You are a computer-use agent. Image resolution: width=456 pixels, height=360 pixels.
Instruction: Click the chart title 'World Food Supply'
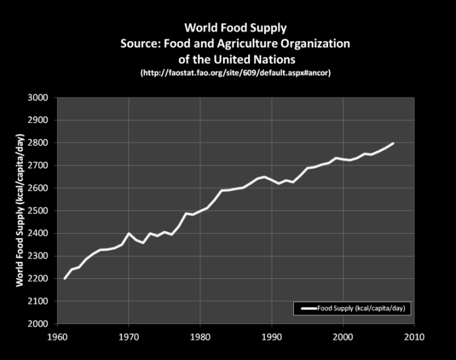(x=236, y=28)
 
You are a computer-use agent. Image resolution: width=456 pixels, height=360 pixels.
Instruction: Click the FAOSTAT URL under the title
(x=236, y=74)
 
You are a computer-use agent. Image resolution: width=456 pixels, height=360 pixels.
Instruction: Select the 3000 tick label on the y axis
(x=39, y=98)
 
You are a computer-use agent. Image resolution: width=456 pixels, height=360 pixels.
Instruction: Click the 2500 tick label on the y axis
(x=39, y=210)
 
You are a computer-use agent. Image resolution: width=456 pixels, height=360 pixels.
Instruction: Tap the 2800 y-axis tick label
(x=39, y=143)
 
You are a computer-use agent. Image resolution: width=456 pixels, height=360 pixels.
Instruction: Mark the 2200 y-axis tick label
(x=39, y=279)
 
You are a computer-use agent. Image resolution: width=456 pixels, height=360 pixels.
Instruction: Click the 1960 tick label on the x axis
(x=58, y=336)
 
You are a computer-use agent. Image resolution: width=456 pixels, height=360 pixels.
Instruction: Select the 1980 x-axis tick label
(x=200, y=336)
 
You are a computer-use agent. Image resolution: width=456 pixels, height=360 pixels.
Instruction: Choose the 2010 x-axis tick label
(x=414, y=336)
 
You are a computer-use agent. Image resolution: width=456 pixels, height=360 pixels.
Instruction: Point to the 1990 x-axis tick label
(x=272, y=336)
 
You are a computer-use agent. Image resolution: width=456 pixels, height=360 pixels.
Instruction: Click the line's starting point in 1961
(x=65, y=278)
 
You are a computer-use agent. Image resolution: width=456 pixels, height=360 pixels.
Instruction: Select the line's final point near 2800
(x=393, y=143)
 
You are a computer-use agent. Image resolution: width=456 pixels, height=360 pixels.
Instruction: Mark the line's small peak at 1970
(x=129, y=233)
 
